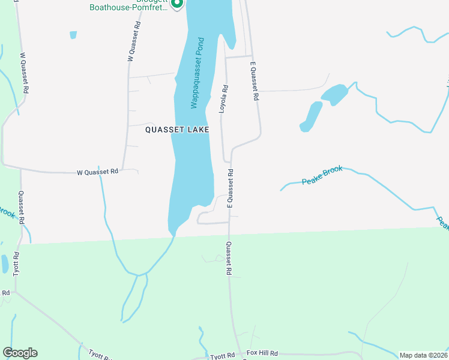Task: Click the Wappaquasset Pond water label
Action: (197, 73)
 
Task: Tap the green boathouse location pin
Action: (176, 4)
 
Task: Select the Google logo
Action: (20, 353)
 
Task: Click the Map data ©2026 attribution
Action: (423, 355)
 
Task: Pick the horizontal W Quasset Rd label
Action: (98, 172)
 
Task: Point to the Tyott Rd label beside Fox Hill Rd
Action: (222, 356)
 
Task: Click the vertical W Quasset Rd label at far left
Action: (25, 73)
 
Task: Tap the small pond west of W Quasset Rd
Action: (73, 35)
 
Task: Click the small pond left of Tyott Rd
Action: (5, 263)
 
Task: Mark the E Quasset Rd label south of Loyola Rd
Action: (230, 188)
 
